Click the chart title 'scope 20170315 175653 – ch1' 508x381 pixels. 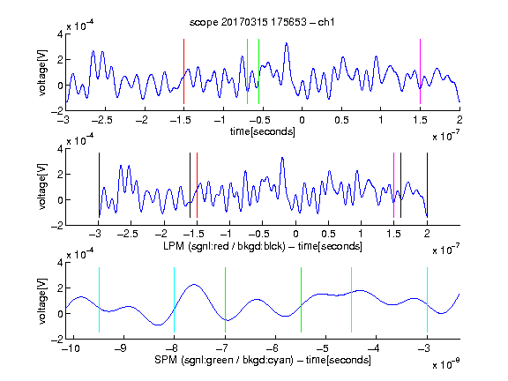pos(262,22)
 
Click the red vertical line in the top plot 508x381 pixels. pos(183,71)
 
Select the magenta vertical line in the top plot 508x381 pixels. pos(420,71)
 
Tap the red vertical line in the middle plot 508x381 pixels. pos(197,185)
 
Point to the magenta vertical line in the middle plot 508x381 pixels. pos(393,185)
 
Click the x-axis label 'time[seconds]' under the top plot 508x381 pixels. pos(263,131)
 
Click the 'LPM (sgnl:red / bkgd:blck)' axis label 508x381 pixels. pos(224,246)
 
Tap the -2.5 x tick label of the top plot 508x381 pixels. pos(102,120)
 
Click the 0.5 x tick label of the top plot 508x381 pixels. pos(341,120)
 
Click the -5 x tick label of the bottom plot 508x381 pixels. pos(323,348)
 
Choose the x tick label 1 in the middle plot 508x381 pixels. pos(361,234)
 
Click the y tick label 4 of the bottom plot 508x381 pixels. pos(60,262)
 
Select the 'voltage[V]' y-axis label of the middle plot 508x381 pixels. pos(42,187)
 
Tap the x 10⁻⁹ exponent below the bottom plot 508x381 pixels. pos(445,364)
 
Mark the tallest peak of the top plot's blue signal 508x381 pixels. pos(287,43)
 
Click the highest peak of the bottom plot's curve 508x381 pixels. pos(194,285)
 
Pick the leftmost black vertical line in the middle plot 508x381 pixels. pos(99,185)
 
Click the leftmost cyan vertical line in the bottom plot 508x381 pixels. pos(99,300)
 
